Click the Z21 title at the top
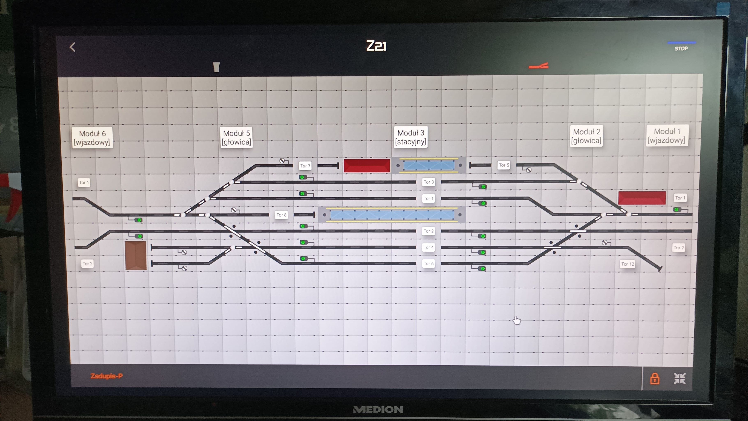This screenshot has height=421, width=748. coord(376,46)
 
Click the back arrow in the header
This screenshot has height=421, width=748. coord(73,47)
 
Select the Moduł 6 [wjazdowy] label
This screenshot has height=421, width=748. coord(92,138)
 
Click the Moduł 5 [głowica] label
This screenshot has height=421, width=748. coord(236,138)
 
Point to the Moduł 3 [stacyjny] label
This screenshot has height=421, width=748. coord(411,137)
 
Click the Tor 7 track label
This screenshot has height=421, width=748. coord(305,166)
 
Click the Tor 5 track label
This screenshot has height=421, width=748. coord(504,165)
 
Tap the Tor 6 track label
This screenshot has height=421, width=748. coord(429,264)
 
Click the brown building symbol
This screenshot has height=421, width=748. coord(136,255)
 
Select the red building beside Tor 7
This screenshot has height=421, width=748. coord(367,166)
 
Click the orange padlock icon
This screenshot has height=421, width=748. coord(655,379)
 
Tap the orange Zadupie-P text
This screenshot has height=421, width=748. coord(107,376)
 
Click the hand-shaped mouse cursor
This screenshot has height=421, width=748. coord(516,320)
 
